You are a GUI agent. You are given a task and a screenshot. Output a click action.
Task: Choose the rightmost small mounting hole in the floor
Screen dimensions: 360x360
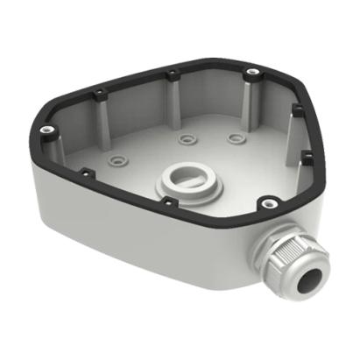[x=233, y=138]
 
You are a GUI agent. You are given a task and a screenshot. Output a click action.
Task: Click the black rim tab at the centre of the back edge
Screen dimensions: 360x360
[x=173, y=71]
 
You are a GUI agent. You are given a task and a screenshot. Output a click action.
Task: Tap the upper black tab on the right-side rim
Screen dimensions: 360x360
[x=296, y=108]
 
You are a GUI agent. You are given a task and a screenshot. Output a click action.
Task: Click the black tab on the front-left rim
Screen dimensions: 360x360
[x=85, y=173]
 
